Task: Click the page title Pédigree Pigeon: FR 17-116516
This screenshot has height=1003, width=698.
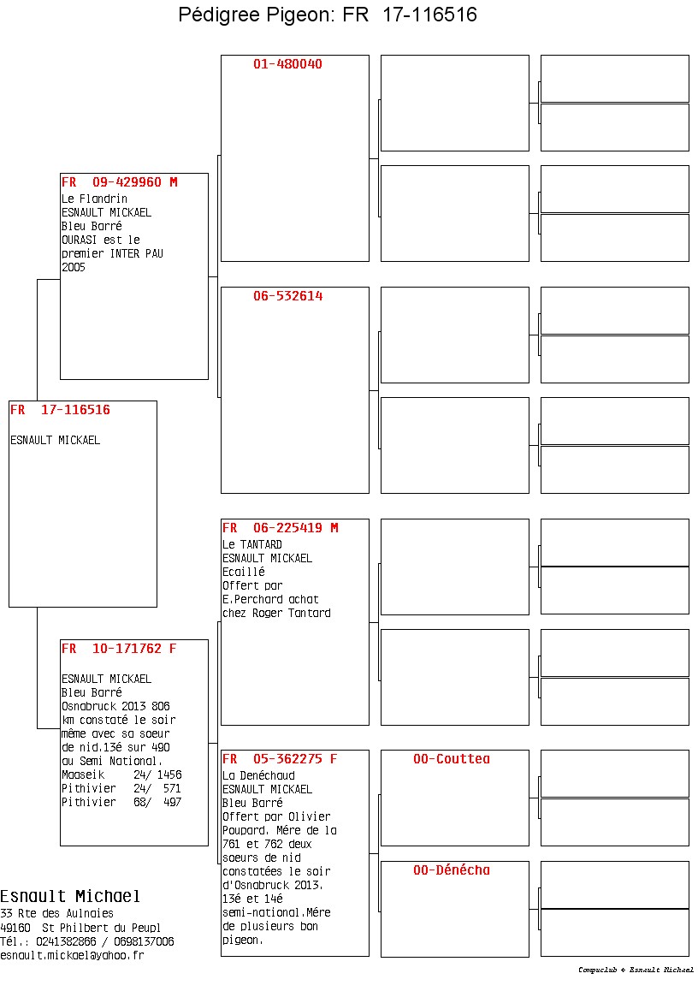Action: (x=328, y=15)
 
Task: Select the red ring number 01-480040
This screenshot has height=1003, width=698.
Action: (x=287, y=64)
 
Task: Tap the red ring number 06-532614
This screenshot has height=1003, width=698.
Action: (x=287, y=296)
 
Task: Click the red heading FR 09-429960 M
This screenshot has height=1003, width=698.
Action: (x=119, y=182)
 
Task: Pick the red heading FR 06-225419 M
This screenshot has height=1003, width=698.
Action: (x=280, y=528)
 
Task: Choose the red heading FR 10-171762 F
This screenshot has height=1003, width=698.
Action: (x=119, y=649)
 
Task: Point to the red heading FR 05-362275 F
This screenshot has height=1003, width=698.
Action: (x=280, y=759)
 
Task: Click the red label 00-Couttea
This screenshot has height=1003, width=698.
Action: (x=452, y=759)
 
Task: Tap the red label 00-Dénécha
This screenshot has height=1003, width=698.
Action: (x=452, y=870)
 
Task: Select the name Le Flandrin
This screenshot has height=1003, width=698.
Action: (x=94, y=199)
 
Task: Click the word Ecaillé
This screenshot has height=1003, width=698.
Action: (x=244, y=572)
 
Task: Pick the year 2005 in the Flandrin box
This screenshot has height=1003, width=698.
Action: (x=74, y=267)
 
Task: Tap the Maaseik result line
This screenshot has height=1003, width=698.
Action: (x=121, y=775)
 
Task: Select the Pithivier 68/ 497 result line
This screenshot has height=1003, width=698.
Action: (x=121, y=802)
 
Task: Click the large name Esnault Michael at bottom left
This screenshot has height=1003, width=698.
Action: (x=70, y=896)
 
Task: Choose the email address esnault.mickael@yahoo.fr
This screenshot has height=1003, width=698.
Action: (x=72, y=955)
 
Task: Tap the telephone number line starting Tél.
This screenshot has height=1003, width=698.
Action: (x=86, y=941)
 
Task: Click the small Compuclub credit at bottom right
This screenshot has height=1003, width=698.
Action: (x=636, y=970)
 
